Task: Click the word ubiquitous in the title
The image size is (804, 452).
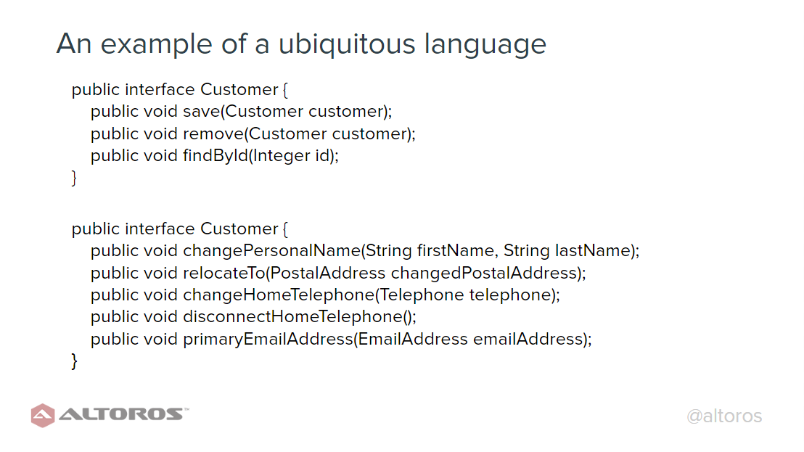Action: coord(347,44)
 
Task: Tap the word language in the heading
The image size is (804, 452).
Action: coord(485,44)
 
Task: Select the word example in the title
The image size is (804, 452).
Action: coord(156,44)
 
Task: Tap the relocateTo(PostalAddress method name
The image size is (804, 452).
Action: coord(284,273)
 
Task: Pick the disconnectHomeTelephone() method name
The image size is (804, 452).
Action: coord(300,317)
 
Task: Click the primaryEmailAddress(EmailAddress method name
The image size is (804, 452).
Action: coord(326,340)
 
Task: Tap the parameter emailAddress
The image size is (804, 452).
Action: coord(528,340)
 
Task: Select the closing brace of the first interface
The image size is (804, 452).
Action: coord(74,178)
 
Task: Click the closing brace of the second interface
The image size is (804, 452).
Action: coord(74,361)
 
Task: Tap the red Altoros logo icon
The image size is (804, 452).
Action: coord(43,416)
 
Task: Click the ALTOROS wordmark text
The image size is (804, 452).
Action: coord(121,414)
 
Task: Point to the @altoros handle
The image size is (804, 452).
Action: coord(724,416)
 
